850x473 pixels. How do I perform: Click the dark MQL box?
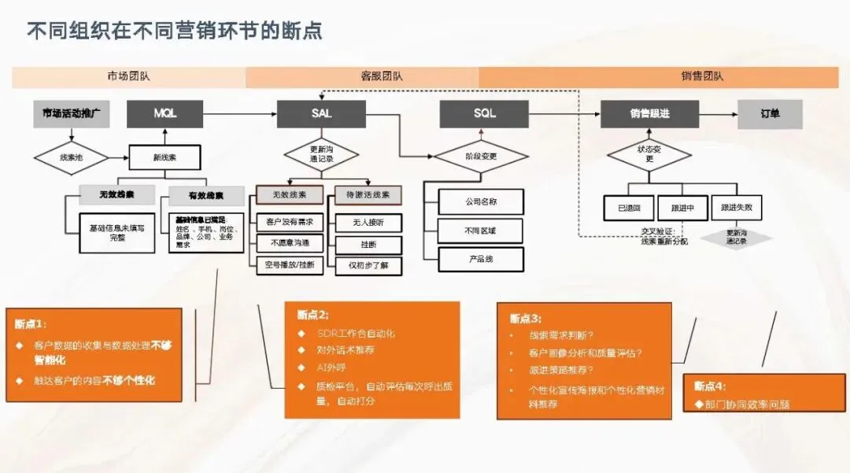(164, 114)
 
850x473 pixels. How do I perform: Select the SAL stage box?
(321, 114)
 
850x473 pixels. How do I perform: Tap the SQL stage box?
(485, 114)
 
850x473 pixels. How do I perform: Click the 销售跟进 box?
(649, 114)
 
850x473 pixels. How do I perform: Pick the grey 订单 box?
(770, 114)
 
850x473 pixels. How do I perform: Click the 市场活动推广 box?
(71, 114)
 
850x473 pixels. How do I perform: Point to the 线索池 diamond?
(71, 157)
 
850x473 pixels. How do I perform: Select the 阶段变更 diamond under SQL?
(482, 157)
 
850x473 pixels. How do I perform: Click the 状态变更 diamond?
(649, 153)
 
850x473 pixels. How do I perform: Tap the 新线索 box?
(164, 157)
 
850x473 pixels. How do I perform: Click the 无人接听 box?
(368, 223)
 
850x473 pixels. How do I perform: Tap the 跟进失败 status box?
(737, 208)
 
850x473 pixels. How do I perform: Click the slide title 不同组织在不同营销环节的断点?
(175, 31)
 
